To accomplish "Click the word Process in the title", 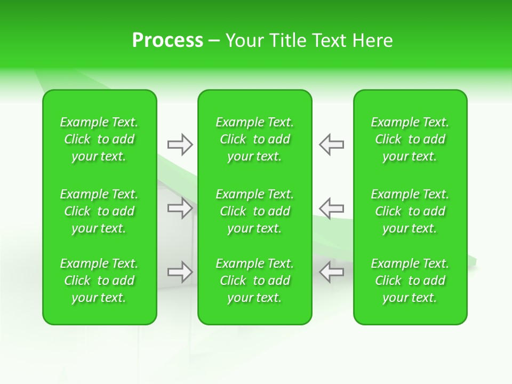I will tap(167, 41).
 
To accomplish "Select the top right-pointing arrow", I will tap(180, 145).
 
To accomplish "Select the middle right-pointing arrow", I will tap(180, 208).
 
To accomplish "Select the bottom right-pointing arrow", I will tap(180, 272).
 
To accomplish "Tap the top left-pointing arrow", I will tap(331, 145).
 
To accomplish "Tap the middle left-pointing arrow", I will tap(331, 208).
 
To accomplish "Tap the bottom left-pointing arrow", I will tap(331, 272).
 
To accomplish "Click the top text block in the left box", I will tap(99, 139).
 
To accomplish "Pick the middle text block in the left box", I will tap(99, 211).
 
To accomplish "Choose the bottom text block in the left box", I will tap(99, 281).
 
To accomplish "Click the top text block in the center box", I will tap(254, 139).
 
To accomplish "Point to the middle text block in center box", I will tap(254, 211).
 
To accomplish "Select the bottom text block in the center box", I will tap(254, 281).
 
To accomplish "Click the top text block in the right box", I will tap(410, 139).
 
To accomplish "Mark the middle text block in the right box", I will tap(410, 211).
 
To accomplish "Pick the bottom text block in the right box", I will tap(410, 281).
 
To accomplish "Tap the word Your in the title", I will tap(245, 41).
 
